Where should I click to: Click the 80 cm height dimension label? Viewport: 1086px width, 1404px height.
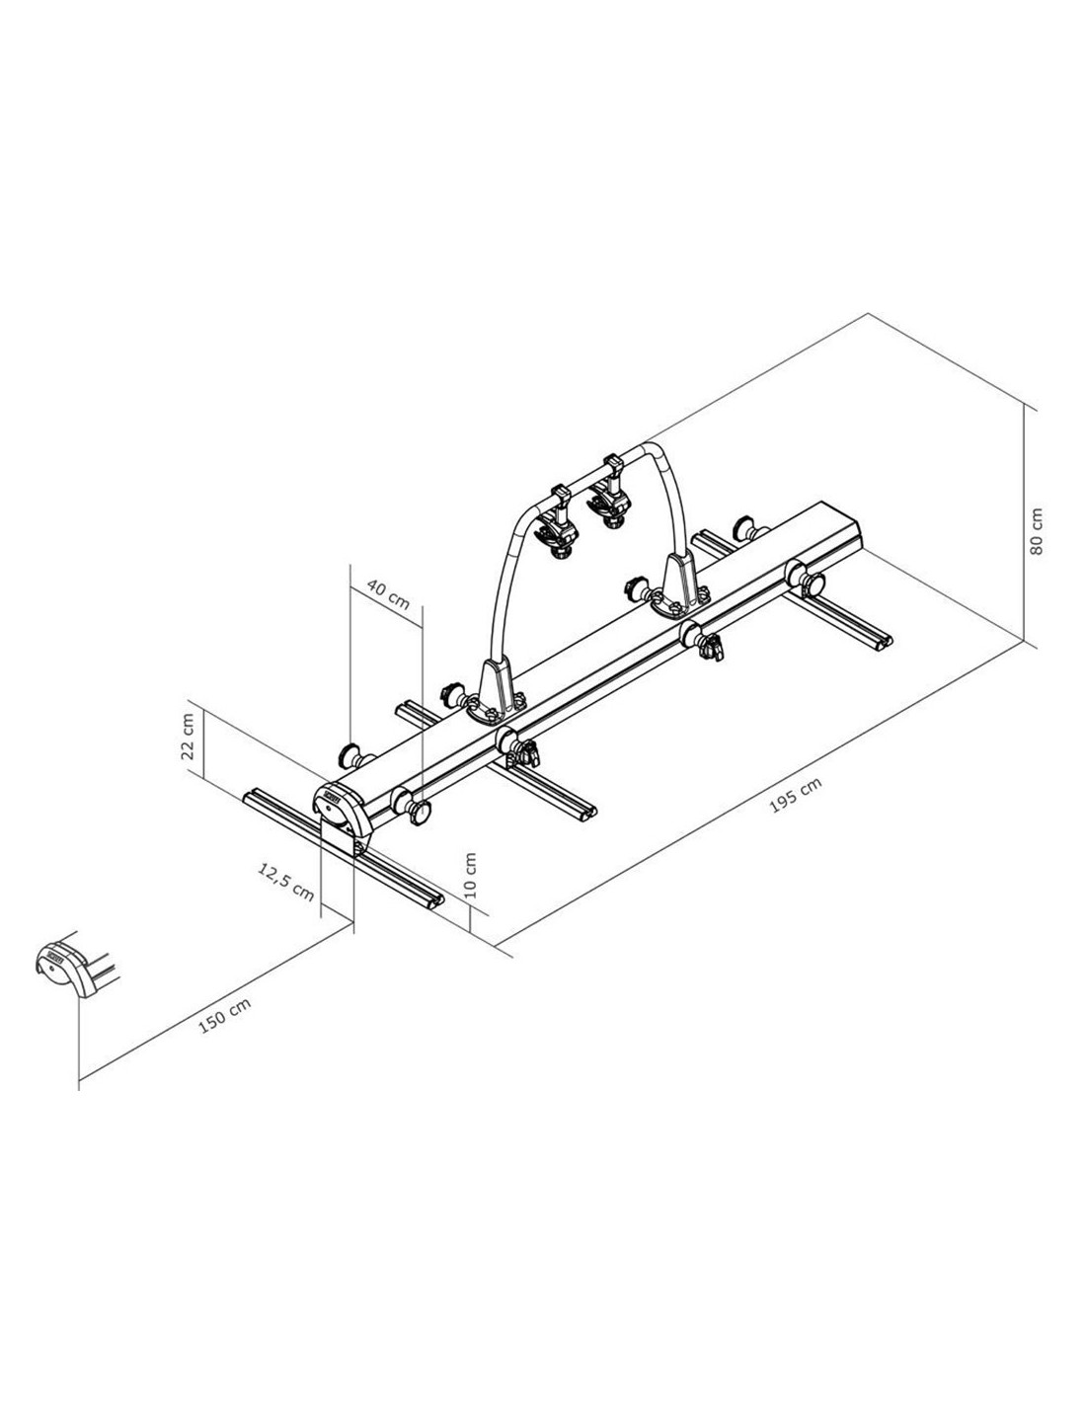coord(1036,531)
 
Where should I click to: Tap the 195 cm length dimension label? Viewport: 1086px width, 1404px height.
coord(796,795)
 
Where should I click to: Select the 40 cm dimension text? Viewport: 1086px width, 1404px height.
coord(388,593)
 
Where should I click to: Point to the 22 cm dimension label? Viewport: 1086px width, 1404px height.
coord(188,737)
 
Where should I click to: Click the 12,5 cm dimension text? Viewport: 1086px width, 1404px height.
coord(285,883)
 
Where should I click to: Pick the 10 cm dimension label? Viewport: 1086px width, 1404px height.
coord(470,875)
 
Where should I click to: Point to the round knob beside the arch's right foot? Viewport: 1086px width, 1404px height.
coord(634,587)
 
